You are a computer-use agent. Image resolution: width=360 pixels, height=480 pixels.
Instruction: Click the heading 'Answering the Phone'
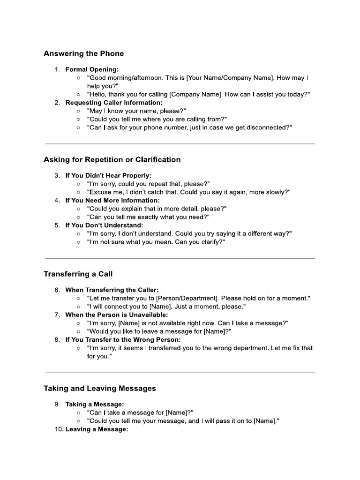click(x=83, y=53)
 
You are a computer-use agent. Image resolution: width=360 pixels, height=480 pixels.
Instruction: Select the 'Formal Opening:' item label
click(x=92, y=69)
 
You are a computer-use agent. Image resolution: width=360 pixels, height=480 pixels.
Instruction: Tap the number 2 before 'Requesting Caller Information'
click(x=57, y=102)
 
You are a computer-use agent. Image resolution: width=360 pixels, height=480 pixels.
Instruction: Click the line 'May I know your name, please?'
click(x=136, y=111)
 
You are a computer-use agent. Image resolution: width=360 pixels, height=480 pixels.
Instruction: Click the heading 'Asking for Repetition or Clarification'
click(x=112, y=159)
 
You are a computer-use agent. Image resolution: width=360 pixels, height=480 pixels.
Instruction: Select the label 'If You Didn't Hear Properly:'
click(x=108, y=175)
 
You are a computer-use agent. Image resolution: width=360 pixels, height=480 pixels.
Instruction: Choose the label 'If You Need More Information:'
click(x=112, y=200)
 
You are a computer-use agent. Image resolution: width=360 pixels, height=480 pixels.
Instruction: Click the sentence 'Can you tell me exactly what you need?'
click(x=148, y=217)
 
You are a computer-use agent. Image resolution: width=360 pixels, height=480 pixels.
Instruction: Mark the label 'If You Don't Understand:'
click(x=104, y=225)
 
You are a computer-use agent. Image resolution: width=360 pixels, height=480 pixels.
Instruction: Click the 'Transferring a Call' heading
click(x=78, y=274)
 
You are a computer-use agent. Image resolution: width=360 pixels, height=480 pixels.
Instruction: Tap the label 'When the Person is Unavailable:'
click(x=116, y=315)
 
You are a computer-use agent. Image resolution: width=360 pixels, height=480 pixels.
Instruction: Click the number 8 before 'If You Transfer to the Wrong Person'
click(x=57, y=339)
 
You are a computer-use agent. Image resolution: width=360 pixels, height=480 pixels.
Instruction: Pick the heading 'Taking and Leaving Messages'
click(x=100, y=388)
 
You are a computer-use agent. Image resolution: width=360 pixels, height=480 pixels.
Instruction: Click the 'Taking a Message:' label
click(x=95, y=404)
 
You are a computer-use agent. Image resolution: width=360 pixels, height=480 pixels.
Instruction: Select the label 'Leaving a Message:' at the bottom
click(x=97, y=429)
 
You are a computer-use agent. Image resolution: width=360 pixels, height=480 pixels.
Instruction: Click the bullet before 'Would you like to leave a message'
click(x=78, y=331)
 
